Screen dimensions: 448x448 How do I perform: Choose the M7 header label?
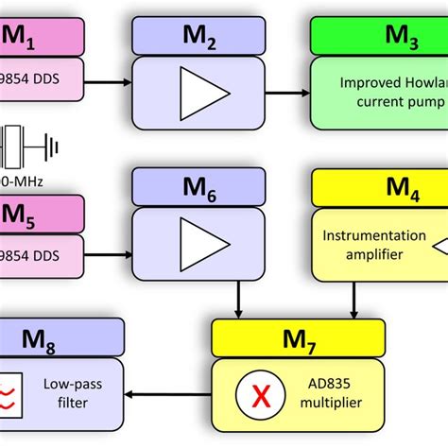(297, 338)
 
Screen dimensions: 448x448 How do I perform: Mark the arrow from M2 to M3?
(288, 93)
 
